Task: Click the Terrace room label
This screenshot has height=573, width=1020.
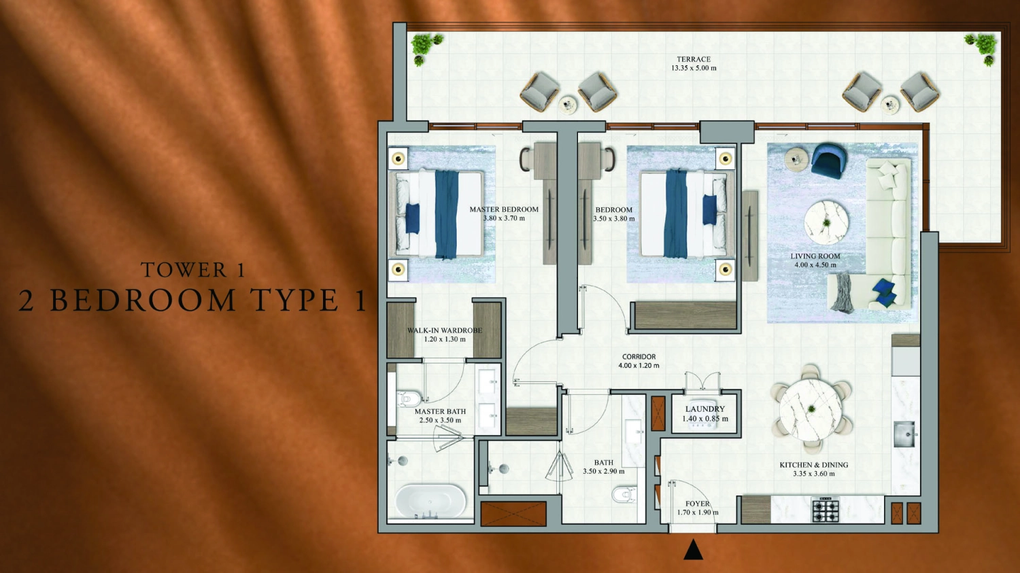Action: [693, 60]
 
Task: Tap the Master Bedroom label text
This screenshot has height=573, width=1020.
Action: [504, 209]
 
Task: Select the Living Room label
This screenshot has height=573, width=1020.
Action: [815, 256]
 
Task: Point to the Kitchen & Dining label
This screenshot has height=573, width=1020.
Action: [813, 465]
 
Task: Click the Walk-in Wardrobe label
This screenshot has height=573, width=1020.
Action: [445, 330]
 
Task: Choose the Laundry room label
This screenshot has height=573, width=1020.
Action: [704, 409]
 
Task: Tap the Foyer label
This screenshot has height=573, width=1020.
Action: [698, 504]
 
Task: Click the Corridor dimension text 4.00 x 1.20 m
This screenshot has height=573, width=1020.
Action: [639, 366]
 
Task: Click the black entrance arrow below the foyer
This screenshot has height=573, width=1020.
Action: [693, 550]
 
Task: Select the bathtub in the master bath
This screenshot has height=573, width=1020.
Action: [431, 502]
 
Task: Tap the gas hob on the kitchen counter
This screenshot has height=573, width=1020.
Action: [825, 510]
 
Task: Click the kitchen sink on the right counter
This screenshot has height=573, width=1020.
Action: [905, 434]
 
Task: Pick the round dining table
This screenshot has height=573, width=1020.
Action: [811, 409]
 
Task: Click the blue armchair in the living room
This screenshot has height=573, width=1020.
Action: [829, 161]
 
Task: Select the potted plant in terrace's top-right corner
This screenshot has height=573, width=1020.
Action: [983, 48]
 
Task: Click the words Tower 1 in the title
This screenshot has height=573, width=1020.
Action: [193, 270]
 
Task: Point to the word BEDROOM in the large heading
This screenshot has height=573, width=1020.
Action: [143, 300]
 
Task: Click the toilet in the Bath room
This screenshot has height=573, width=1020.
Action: [624, 494]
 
